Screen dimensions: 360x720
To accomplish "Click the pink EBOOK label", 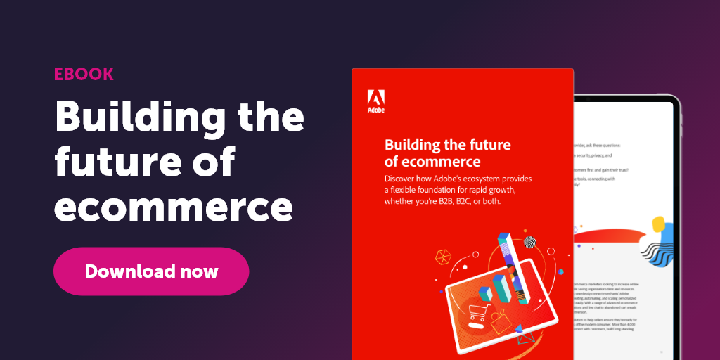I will (84, 75).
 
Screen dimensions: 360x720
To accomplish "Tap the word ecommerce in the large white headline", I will (174, 208).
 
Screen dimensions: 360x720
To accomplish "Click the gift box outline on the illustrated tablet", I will (501, 323).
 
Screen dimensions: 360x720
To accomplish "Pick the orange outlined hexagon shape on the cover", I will (444, 257).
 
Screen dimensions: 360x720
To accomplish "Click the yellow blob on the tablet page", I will (659, 224).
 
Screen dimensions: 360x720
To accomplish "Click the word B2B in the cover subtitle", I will (457, 201).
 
